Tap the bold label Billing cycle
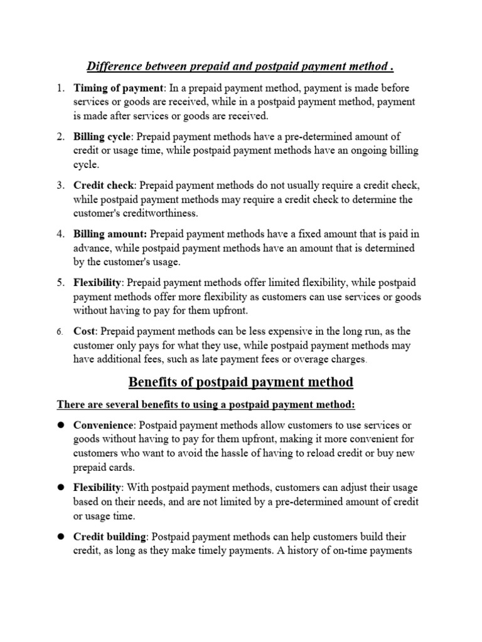[103, 137]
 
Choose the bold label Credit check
[104, 186]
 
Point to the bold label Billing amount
[110, 234]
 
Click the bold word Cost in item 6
[85, 331]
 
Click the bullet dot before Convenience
[61, 425]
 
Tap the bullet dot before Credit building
[61, 537]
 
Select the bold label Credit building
[110, 537]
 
